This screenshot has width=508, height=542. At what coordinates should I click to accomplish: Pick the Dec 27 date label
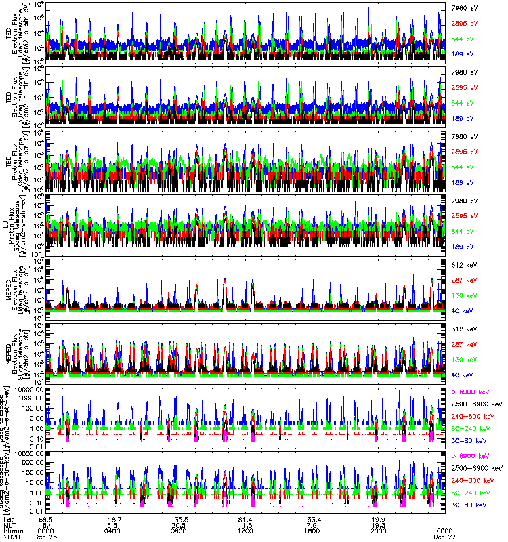pos(444,537)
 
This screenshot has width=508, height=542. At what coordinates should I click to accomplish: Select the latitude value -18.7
pos(112,518)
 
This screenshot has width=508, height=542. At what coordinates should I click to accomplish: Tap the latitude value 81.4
pos(246,518)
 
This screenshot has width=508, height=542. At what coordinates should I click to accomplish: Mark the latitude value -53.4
pos(311,518)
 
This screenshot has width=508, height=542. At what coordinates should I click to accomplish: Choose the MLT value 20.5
pos(179,524)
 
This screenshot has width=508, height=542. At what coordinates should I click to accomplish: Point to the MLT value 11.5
pos(246,524)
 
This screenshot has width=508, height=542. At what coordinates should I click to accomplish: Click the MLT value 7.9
pos(312,524)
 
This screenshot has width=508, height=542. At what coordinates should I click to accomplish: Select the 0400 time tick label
pos(113,530)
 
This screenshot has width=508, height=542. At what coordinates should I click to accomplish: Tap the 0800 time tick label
pos(179,530)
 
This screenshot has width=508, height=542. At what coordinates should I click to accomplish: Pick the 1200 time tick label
pos(246,530)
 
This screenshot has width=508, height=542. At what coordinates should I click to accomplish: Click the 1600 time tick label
pos(312,530)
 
